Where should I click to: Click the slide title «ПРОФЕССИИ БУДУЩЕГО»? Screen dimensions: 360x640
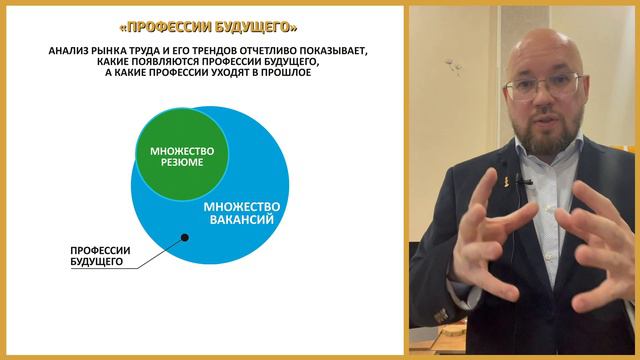(207, 25)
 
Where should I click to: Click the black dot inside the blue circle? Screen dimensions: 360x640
(184, 237)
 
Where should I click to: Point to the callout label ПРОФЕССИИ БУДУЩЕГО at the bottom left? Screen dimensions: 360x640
(97, 255)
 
